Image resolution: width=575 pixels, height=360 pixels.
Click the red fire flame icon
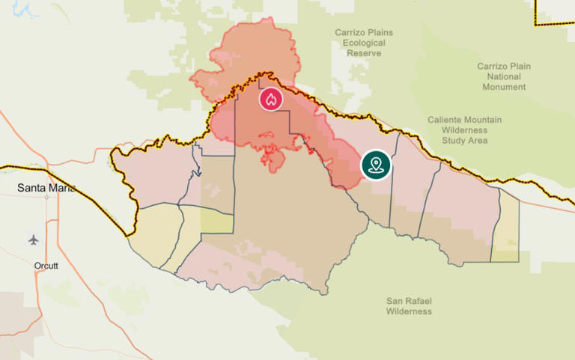(272, 99)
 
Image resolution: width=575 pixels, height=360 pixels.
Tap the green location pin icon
(375, 165)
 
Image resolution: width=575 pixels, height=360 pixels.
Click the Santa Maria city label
(46, 188)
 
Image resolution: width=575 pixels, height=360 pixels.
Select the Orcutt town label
(46, 266)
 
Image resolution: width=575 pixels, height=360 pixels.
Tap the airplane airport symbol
(33, 240)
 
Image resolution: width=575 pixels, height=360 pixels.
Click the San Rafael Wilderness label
(409, 305)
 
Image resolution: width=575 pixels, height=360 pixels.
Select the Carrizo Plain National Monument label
(504, 76)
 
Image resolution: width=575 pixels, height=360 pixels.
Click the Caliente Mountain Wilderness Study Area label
(465, 130)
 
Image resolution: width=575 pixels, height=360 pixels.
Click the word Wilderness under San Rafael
(409, 311)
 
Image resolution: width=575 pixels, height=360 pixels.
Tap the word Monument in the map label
(504, 87)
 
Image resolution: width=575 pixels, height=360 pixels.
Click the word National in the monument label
(504, 76)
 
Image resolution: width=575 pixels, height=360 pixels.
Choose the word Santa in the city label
(31, 188)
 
